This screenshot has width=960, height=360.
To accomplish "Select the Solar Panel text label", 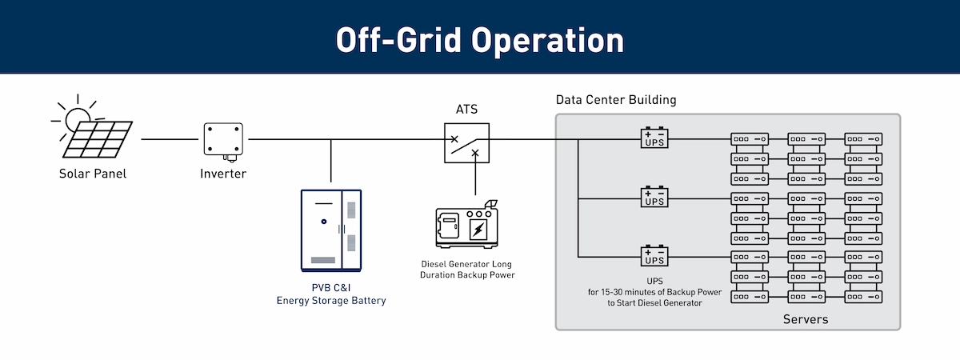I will tap(93, 174).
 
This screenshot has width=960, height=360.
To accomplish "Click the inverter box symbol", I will tap(222, 139).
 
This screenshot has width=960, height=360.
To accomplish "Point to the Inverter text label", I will tap(223, 174).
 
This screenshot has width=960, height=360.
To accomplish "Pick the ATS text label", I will tap(466, 110).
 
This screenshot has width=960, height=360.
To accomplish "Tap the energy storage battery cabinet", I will tap(330, 230).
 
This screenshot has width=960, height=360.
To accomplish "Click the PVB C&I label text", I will tap(331, 288).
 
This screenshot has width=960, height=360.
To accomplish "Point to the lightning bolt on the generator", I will tap(478, 230).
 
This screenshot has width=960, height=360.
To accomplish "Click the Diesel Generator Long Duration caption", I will tap(467, 269).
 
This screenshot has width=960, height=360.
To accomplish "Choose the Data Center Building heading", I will tap(616, 100).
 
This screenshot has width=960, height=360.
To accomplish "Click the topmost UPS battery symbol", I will tap(654, 138).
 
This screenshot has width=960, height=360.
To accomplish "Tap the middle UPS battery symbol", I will tap(654, 197).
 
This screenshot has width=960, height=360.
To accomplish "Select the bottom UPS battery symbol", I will tap(654, 255).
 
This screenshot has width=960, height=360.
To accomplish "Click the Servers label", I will tap(806, 320).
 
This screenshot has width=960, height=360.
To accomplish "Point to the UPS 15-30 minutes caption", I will tap(654, 292).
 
